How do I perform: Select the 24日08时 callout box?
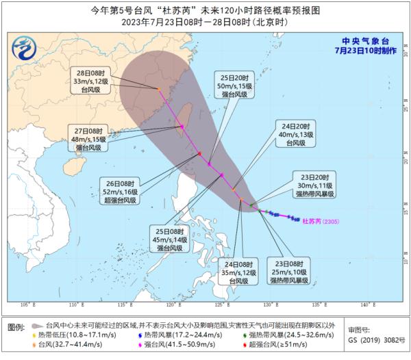click(x=238, y=272)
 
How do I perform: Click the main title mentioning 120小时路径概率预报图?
click(x=206, y=10)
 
